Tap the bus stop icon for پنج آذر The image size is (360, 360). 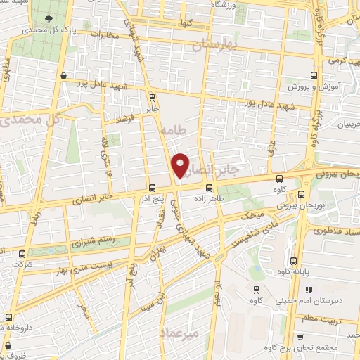tap(153, 187)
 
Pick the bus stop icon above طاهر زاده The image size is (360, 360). tap(208, 187)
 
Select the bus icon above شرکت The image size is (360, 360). tap(22, 253)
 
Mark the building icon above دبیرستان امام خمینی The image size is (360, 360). tap(309, 290)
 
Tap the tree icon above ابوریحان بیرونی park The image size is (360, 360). tap(302, 195)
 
